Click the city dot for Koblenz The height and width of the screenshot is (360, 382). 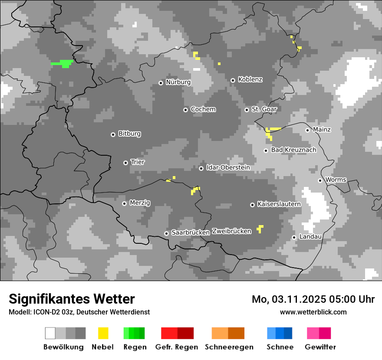coord(233,80)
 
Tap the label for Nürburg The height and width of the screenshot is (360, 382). coord(178,82)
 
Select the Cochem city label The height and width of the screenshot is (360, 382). coord(203,109)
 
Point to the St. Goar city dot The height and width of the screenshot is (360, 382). coord(247,110)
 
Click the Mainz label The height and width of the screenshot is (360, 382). coord(322,130)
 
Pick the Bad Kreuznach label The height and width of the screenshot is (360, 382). coord(293,150)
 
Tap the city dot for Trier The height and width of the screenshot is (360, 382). coord(125,163)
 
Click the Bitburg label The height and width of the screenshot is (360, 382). coord(129,134)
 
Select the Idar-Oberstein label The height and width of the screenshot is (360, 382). coord(228,167)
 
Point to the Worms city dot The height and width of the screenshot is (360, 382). coord(320,180)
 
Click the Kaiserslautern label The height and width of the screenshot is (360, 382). coord(279,204)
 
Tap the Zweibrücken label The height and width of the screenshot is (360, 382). coord(231,231)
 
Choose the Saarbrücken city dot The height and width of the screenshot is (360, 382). coord(166,233)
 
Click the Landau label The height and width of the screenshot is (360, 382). coord(310,237)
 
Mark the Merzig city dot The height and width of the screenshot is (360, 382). coord(124,203)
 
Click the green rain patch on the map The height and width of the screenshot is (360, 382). coord(63,63)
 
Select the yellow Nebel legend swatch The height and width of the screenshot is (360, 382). coord(103,333)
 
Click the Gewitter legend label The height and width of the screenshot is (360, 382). coord(320,347)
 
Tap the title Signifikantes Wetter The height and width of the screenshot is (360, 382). coord(72,299)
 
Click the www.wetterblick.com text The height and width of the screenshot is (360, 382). coord(313,312)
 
